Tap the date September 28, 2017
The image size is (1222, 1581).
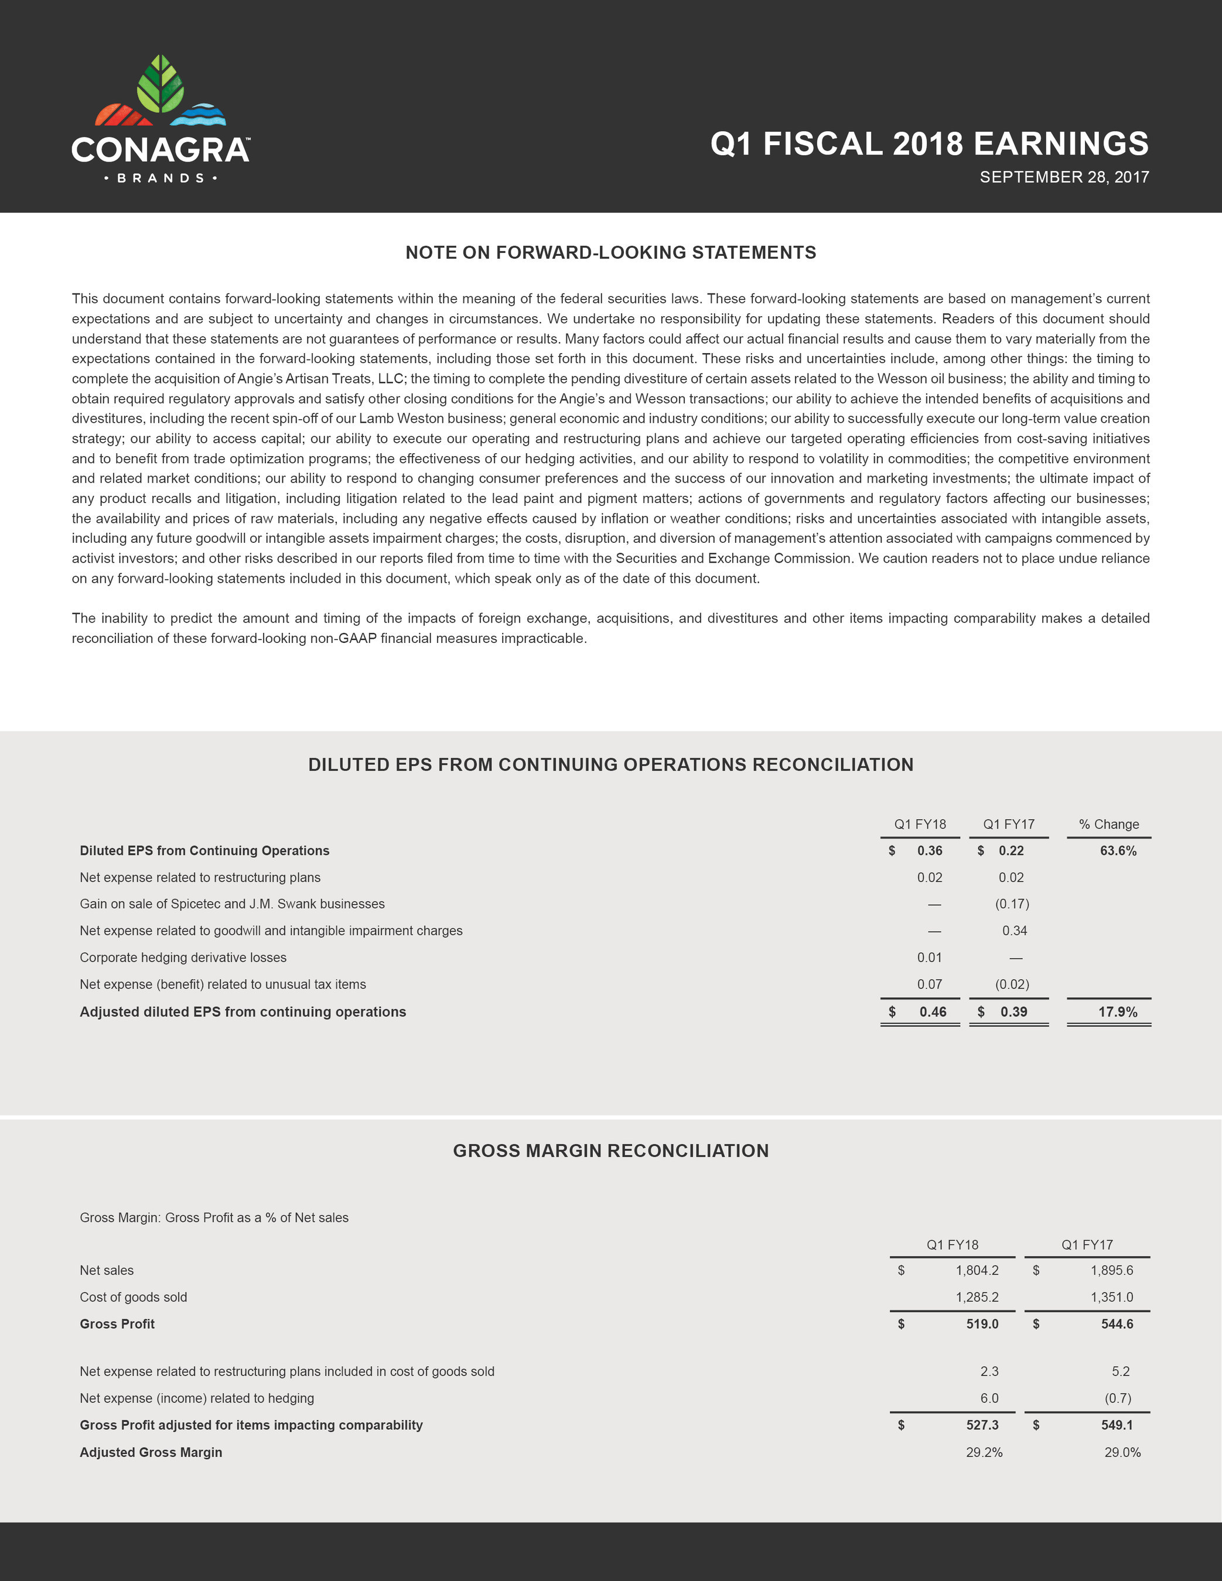pyautogui.click(x=1063, y=177)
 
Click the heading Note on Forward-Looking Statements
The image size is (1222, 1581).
pyautogui.click(x=610, y=252)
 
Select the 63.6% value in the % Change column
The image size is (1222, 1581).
pyautogui.click(x=1118, y=851)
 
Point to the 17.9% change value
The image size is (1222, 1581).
pyautogui.click(x=1117, y=1012)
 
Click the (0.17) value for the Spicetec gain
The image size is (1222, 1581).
pyautogui.click(x=1011, y=904)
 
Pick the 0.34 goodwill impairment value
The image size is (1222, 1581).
pyautogui.click(x=1014, y=931)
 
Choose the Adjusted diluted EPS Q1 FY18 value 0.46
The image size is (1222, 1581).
pyautogui.click(x=932, y=1012)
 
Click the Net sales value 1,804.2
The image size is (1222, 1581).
pyautogui.click(x=977, y=1271)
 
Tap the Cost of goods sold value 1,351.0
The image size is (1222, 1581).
pyautogui.click(x=1111, y=1297)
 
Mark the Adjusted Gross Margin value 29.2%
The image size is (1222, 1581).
pyautogui.click(x=984, y=1452)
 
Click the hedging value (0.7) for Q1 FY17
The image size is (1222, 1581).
pyautogui.click(x=1118, y=1398)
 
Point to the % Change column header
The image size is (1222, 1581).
pyautogui.click(x=1108, y=824)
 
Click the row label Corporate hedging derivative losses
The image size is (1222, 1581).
pyautogui.click(x=183, y=958)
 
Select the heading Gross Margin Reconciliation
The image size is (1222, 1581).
pyautogui.click(x=610, y=1151)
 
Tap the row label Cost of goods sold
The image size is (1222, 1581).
pyautogui.click(x=134, y=1297)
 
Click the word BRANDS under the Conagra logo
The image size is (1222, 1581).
pyautogui.click(x=161, y=178)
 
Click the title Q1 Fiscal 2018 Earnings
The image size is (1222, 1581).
pyautogui.click(x=929, y=143)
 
